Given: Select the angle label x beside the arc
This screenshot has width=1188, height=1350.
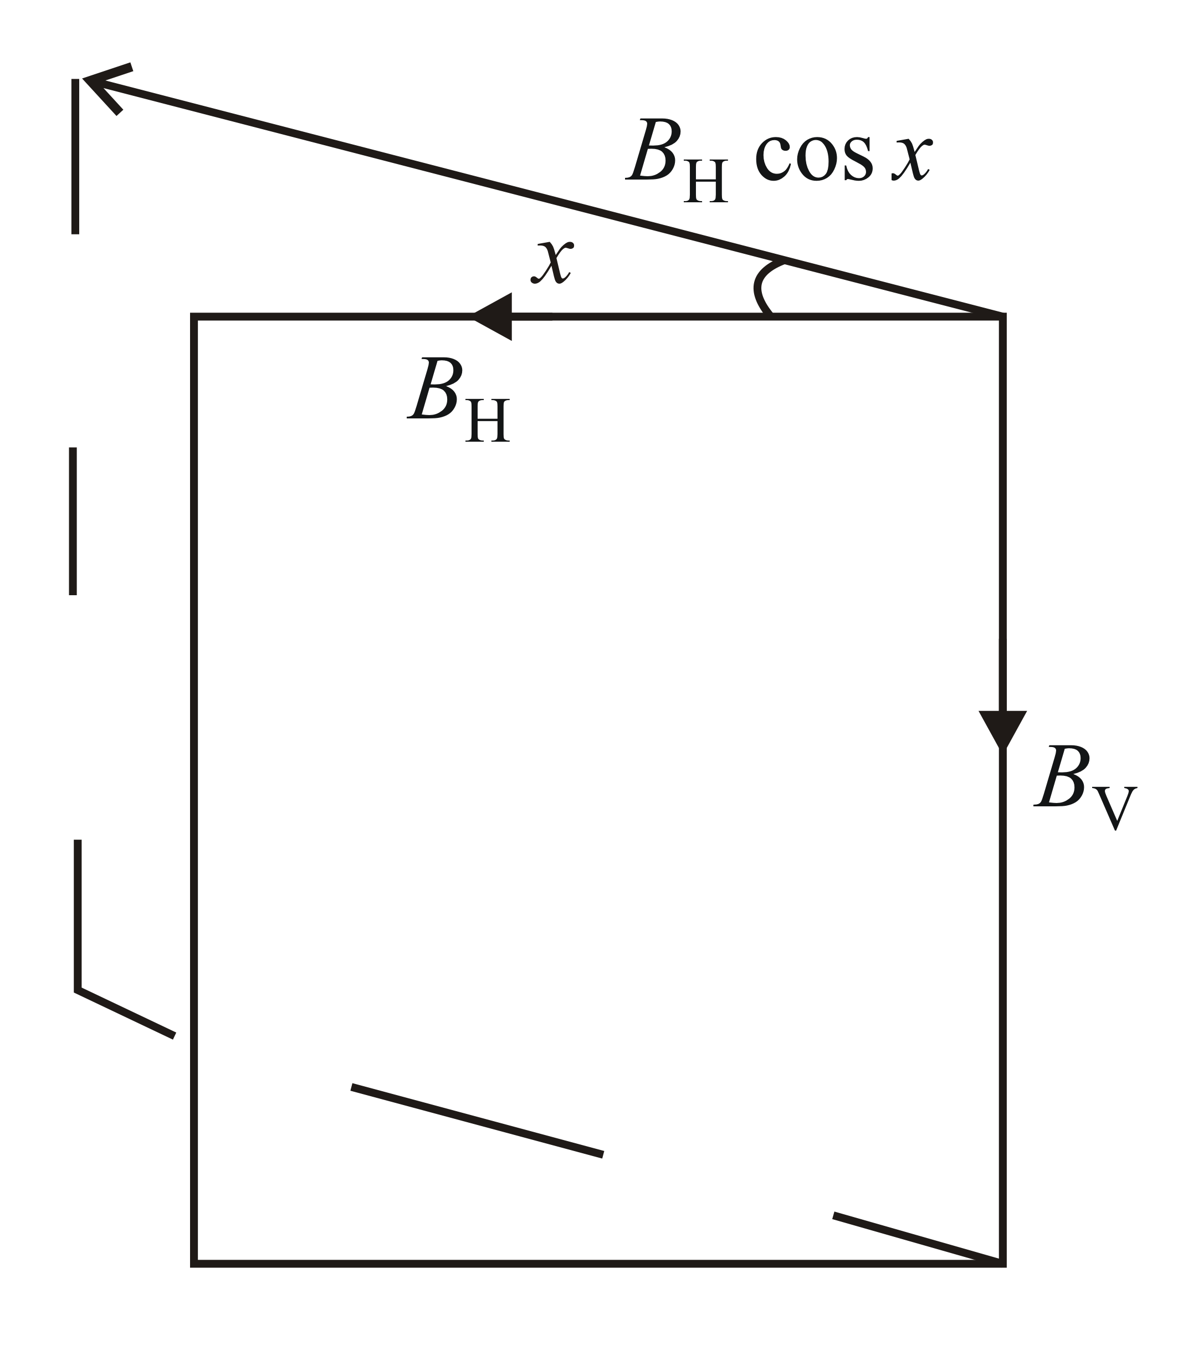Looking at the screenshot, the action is [x=552, y=262].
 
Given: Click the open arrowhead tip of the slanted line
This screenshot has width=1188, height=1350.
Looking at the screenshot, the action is [x=86, y=79].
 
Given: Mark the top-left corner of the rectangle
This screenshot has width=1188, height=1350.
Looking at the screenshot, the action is [x=194, y=317].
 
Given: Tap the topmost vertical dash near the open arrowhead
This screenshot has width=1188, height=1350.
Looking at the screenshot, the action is [x=75, y=156].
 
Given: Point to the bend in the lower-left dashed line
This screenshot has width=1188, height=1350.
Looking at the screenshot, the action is [x=78, y=989].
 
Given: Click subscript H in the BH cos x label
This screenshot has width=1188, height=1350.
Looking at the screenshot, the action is [x=705, y=182].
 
